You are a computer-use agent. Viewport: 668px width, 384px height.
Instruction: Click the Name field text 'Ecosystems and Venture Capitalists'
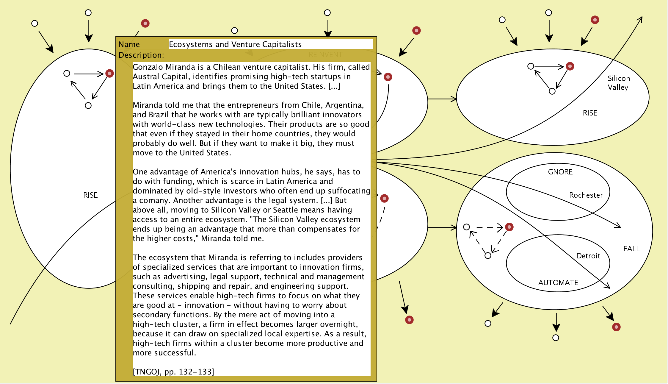point(235,44)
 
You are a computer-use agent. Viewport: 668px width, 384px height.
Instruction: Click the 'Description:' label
point(141,55)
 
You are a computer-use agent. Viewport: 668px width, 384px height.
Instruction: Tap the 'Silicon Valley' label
point(619,83)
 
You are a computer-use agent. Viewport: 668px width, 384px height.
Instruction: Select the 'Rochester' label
point(586,195)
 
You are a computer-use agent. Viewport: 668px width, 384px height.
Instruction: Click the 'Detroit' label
point(588,256)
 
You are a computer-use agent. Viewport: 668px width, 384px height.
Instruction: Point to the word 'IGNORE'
point(559,172)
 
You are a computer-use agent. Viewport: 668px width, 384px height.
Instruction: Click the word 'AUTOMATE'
point(558,282)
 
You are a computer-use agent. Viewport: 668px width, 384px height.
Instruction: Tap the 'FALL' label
point(631,249)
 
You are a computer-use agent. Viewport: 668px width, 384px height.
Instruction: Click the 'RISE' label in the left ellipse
point(90,195)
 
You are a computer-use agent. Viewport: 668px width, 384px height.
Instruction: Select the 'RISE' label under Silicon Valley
point(590,113)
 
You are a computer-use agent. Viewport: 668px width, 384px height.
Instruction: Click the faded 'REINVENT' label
point(325,55)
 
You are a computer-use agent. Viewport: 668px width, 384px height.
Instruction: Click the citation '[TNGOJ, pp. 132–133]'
point(173,371)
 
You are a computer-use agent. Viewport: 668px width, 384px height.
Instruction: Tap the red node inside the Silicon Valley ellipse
point(570,66)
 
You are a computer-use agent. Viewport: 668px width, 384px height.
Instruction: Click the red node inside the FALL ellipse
point(509,227)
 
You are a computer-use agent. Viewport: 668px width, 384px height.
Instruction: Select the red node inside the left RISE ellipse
point(109,73)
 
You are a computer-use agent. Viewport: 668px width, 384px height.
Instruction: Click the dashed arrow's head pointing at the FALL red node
point(500,228)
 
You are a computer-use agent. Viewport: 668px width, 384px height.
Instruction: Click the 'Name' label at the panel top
point(129,44)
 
